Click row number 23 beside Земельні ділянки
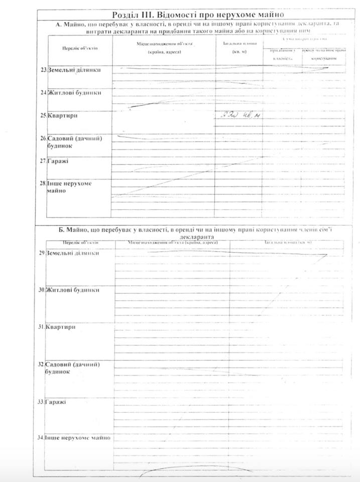(x=44, y=70)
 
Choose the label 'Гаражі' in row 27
(x=58, y=161)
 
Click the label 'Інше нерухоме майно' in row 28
(x=70, y=187)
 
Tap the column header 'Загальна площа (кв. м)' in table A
(x=239, y=48)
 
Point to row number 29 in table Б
(x=42, y=253)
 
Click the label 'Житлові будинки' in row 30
(x=72, y=290)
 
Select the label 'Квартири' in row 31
(x=60, y=327)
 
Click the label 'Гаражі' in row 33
(x=55, y=402)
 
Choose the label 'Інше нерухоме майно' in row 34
(x=77, y=438)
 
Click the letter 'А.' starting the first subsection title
(x=59, y=24)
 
